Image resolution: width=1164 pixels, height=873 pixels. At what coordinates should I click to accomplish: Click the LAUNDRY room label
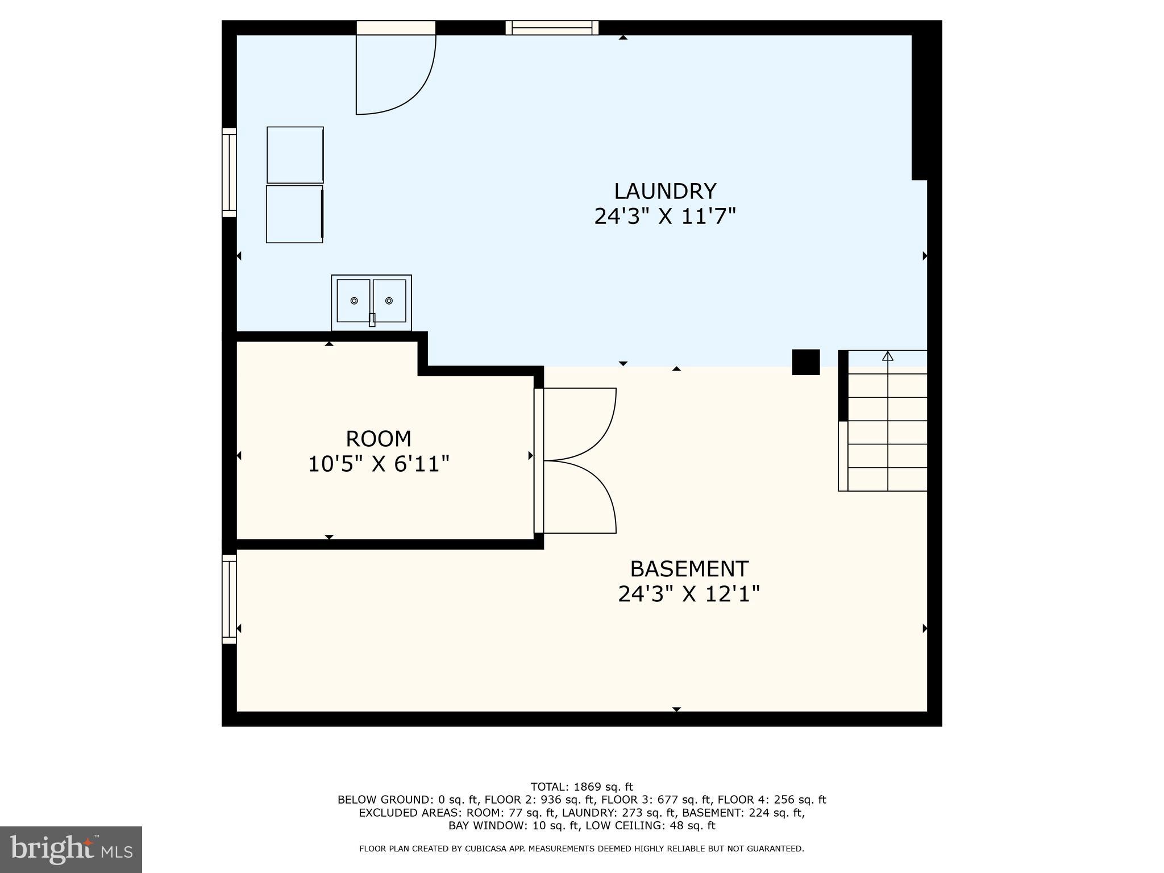tap(664, 191)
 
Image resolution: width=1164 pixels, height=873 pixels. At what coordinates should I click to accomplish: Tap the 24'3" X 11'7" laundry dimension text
tap(664, 217)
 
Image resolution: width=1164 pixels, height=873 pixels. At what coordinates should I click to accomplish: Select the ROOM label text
tap(378, 439)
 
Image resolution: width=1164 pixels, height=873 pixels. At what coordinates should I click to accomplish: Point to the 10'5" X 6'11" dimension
tap(378, 464)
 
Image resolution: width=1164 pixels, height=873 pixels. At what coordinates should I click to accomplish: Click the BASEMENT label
tap(689, 569)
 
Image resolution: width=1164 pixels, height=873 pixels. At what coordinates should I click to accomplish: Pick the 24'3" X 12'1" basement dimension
tap(689, 595)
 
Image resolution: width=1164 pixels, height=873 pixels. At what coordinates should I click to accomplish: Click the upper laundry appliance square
tap(295, 155)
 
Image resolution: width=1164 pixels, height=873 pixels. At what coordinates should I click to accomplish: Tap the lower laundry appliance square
tap(294, 214)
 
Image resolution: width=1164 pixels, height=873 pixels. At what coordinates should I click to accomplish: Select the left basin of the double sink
tap(354, 301)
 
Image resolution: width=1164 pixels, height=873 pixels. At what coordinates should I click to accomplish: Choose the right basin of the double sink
tap(389, 301)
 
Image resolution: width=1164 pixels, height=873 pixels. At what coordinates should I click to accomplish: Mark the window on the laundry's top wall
tap(552, 27)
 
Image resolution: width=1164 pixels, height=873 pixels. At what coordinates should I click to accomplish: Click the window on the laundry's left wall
tap(229, 172)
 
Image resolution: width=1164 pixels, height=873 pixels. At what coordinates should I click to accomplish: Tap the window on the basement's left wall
tap(229, 599)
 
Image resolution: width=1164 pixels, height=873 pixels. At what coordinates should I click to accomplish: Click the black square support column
tap(806, 362)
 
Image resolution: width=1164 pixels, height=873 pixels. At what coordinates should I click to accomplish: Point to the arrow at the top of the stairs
tap(888, 356)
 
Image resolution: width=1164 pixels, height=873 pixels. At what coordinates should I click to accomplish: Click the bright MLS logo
tap(71, 849)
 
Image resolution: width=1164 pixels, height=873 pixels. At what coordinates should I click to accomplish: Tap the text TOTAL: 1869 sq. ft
tap(581, 787)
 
